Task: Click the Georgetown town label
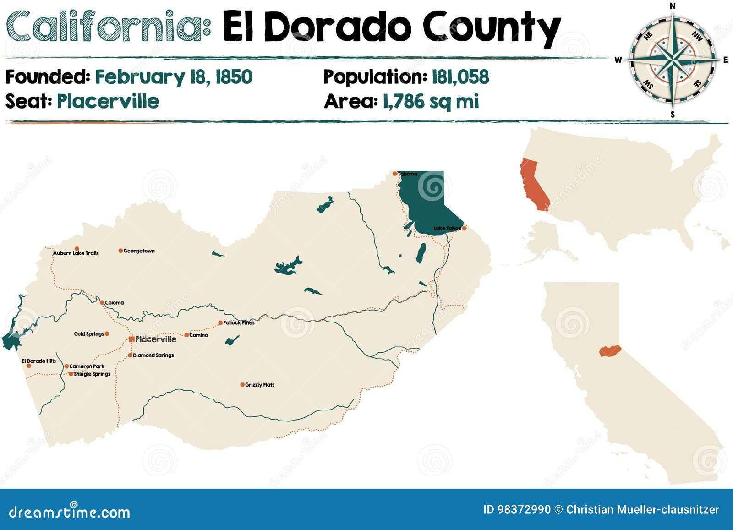point(139,251)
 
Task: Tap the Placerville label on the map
point(156,339)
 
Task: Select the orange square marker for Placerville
point(131,339)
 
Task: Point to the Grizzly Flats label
point(260,385)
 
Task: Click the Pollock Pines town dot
point(220,322)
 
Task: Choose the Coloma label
point(115,303)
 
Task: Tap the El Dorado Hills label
point(39,361)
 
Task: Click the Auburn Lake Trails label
point(76,253)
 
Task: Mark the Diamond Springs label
point(153,355)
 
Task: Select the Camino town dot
point(186,335)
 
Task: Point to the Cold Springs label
point(89,334)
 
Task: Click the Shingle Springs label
point(92,374)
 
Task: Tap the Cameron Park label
point(87,366)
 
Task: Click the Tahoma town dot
point(394,174)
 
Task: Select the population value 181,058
point(460,77)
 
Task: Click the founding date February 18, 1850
point(174,77)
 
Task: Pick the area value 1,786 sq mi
point(431,101)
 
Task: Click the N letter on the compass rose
point(673,6)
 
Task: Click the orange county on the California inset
point(609,351)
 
